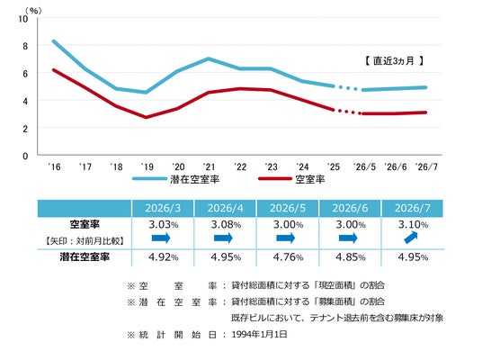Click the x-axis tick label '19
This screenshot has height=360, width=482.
pyautogui.click(x=147, y=166)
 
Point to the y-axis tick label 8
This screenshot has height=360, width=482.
pyautogui.click(x=25, y=46)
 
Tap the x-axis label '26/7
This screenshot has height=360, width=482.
pyautogui.click(x=426, y=166)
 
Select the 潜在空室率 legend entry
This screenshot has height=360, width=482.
pyautogui.click(x=176, y=179)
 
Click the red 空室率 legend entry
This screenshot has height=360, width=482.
pyautogui.click(x=291, y=179)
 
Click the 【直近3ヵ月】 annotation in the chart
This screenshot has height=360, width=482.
pyautogui.click(x=395, y=61)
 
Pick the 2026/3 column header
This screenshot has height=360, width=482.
pyautogui.click(x=163, y=208)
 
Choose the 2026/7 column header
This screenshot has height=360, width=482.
pyautogui.click(x=413, y=208)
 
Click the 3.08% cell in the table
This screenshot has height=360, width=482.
pyautogui.click(x=226, y=225)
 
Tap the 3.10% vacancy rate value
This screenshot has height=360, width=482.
pyautogui.click(x=413, y=225)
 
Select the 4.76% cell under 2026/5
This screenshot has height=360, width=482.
pyautogui.click(x=289, y=256)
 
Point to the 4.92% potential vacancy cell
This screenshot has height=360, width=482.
pyautogui.click(x=164, y=256)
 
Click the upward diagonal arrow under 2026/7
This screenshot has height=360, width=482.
pyautogui.click(x=411, y=238)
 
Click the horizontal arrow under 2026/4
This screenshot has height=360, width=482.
pyautogui.click(x=224, y=238)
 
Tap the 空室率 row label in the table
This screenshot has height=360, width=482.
pyautogui.click(x=85, y=224)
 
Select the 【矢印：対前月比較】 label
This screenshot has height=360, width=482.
pyautogui.click(x=85, y=240)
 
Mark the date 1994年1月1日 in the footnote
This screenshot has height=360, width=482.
pyautogui.click(x=260, y=335)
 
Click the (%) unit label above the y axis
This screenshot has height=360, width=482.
pyautogui.click(x=33, y=11)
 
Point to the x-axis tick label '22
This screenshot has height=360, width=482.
pyautogui.click(x=240, y=166)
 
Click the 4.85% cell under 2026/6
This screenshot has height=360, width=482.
pyautogui.click(x=351, y=256)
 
